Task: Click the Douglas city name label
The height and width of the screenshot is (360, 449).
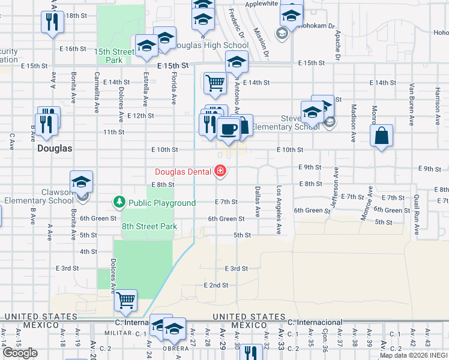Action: click(55, 148)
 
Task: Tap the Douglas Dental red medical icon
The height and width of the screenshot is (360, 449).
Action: click(221, 172)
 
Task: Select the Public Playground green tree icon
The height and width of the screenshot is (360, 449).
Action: click(119, 203)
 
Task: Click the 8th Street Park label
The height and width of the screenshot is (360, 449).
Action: click(149, 226)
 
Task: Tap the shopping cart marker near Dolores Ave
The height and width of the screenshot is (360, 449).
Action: click(125, 300)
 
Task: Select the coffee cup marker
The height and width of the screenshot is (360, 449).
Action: click(228, 128)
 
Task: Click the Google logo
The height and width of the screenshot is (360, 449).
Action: click(20, 353)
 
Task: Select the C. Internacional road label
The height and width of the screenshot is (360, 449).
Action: click(315, 322)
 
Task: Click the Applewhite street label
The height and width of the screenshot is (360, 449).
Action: click(262, 3)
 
